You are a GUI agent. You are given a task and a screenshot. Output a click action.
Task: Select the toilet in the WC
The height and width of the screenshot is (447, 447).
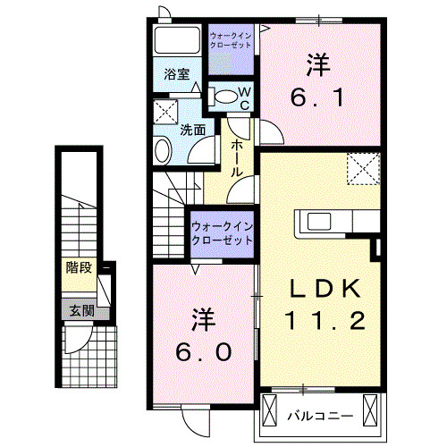[229, 96]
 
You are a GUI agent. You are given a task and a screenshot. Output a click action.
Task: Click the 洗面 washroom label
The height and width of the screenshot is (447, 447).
[193, 129]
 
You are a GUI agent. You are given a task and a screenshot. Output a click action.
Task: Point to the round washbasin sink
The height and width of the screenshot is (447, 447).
[164, 149]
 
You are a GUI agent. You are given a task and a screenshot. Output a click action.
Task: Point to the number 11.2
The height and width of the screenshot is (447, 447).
[325, 320]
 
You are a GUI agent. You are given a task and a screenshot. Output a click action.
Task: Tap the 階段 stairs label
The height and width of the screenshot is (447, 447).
[79, 267]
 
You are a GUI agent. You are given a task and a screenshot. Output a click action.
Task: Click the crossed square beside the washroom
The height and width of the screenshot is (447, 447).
[164, 113]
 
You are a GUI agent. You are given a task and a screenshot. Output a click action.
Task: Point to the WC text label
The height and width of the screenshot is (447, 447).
[244, 97]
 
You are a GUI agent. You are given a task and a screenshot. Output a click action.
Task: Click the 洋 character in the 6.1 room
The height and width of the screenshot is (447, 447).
[316, 64]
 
